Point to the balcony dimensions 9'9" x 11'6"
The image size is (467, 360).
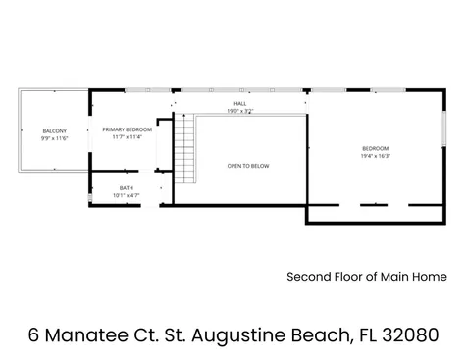pos(54,138)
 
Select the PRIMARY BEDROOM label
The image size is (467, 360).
pos(127,129)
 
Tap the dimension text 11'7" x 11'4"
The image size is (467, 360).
pos(127,137)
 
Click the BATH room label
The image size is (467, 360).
pos(127,188)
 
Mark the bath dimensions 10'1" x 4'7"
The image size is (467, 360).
pos(127,196)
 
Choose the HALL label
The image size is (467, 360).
pos(239,103)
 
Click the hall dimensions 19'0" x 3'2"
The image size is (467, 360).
pos(239,111)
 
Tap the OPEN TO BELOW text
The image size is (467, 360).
pos(248,166)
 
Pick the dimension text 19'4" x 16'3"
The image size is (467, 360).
pos(374,155)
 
